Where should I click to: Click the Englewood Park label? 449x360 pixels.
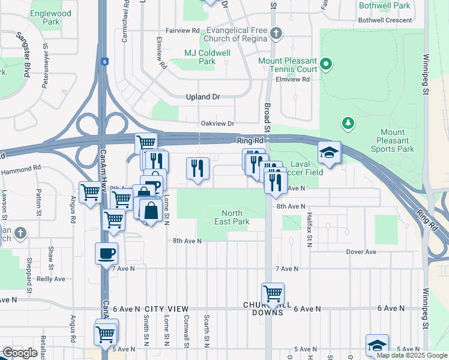52,17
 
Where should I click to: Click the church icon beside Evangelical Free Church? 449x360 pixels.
276,33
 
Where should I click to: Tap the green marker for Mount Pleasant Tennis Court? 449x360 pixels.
326,63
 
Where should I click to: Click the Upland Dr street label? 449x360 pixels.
203,97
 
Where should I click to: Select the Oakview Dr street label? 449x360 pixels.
217,123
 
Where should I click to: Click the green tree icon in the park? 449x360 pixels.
348,124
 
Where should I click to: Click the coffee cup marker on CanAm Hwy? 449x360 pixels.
107,253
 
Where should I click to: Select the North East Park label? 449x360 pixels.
232,217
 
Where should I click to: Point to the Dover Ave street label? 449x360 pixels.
361,252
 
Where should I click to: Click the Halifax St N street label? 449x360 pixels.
309,229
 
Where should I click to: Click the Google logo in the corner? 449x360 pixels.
20,353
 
